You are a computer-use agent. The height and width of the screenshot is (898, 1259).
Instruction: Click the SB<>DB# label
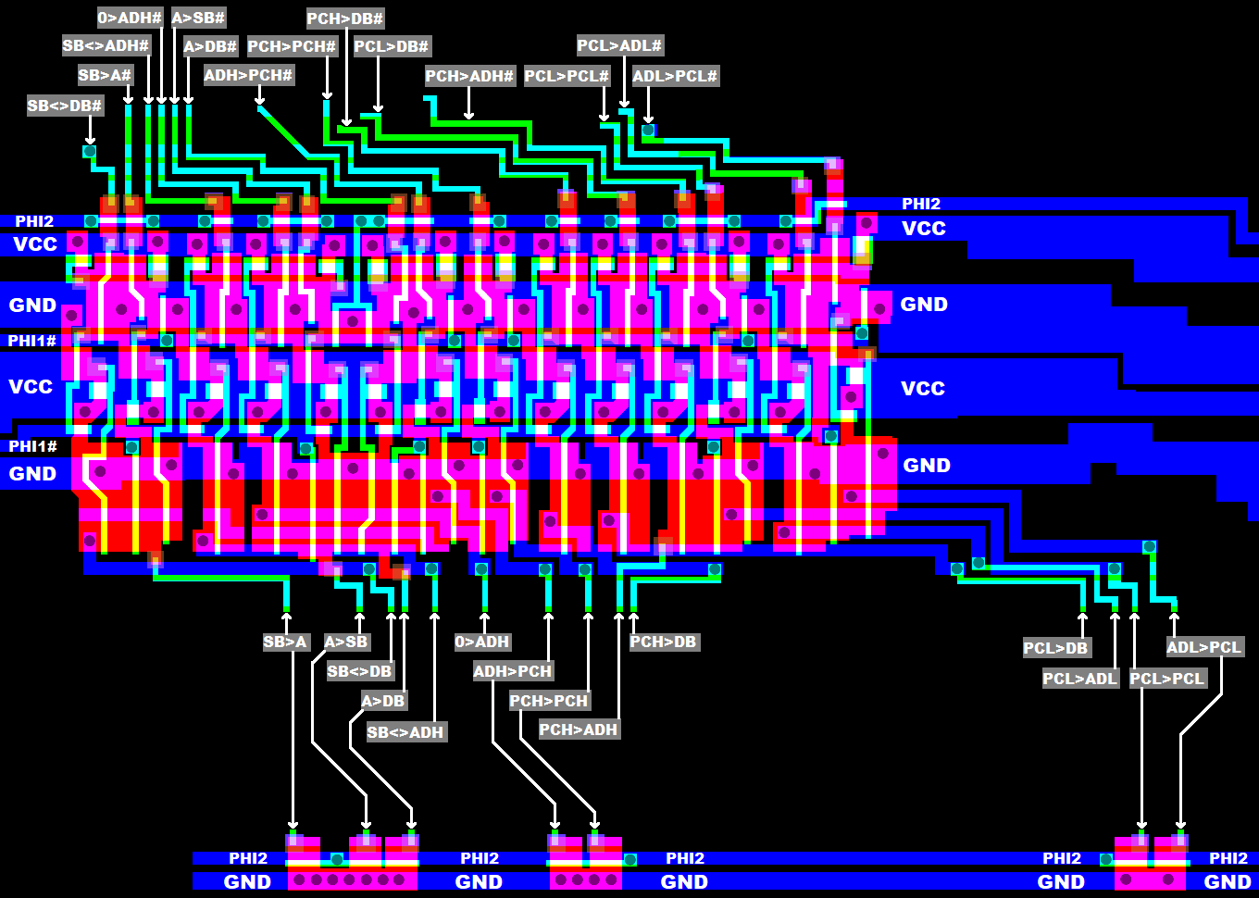tap(64, 106)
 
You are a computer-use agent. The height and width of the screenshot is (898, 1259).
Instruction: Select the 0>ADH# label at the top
tap(130, 18)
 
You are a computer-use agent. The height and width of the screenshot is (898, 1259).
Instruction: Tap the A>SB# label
tap(198, 18)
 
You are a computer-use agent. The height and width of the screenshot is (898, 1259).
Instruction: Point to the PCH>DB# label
tap(344, 19)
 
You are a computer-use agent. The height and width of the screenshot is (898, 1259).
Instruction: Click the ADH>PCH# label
tap(248, 75)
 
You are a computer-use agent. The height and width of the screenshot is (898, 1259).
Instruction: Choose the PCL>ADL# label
tap(619, 45)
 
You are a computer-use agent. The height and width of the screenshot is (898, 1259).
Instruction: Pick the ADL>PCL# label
tap(675, 76)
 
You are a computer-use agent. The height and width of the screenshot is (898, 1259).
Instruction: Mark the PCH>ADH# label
tap(469, 76)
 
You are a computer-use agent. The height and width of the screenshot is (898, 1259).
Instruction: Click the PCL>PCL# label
tap(567, 76)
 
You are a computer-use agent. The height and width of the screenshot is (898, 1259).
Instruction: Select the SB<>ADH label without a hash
tap(405, 732)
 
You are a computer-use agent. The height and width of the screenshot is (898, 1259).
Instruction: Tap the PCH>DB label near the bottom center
tap(663, 642)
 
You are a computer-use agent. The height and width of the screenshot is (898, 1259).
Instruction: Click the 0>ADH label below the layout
tap(482, 642)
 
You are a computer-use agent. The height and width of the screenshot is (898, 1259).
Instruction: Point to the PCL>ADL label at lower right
tap(1080, 679)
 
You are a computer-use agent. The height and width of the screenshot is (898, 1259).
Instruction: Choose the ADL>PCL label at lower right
tap(1203, 647)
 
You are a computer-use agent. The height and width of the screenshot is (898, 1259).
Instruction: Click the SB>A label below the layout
tap(285, 642)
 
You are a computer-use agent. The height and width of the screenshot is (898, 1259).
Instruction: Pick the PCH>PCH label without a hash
tap(549, 701)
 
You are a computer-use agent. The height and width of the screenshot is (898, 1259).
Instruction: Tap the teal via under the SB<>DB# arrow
tap(90, 151)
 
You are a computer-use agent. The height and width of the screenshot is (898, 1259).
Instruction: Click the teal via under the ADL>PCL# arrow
tap(648, 131)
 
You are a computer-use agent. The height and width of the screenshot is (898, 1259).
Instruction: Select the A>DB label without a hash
tap(383, 701)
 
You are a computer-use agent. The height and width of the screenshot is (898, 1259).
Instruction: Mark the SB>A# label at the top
tap(105, 75)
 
